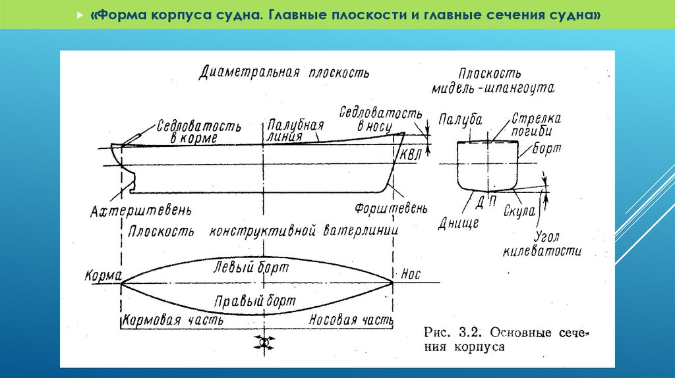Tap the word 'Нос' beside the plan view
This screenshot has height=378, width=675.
410,274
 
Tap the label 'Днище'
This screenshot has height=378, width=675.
457,223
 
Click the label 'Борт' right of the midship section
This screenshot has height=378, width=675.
547,149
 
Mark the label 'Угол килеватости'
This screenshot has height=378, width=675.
543,244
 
